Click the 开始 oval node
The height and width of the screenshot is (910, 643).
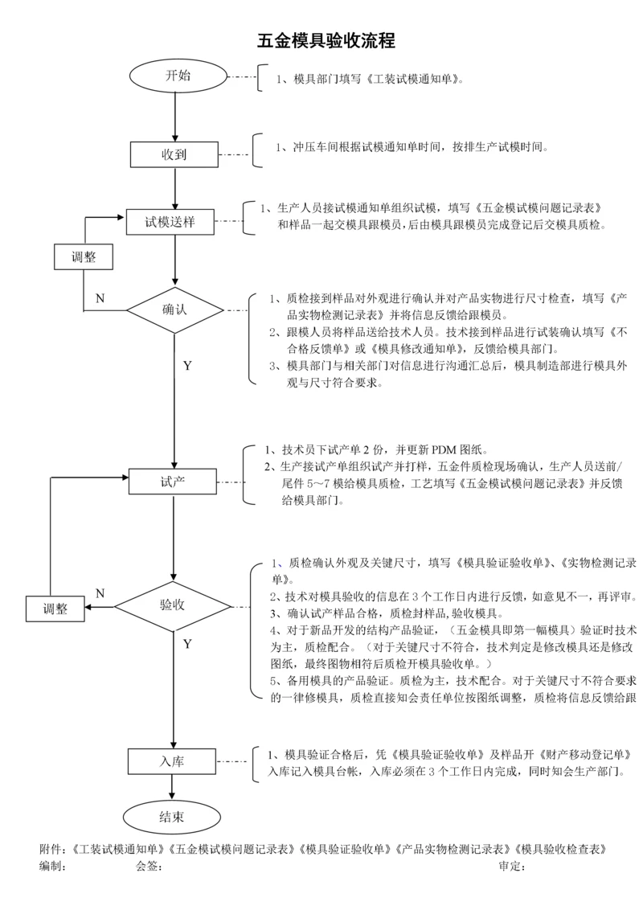click(x=178, y=76)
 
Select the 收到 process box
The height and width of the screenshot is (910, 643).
click(x=174, y=154)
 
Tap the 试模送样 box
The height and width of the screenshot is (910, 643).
click(x=170, y=221)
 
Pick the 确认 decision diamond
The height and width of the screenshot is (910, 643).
click(x=174, y=309)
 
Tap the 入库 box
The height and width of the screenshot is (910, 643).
click(x=172, y=760)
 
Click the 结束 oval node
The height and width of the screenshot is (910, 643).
click(x=171, y=817)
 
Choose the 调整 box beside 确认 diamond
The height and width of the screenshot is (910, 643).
click(x=84, y=258)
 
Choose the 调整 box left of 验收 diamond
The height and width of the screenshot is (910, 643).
click(x=55, y=609)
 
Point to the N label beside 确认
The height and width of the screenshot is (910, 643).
click(x=100, y=298)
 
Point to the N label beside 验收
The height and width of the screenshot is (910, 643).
click(x=100, y=593)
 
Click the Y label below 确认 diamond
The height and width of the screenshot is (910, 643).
click(x=187, y=366)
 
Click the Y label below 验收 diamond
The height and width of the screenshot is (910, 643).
click(x=187, y=644)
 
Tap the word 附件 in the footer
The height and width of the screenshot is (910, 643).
click(x=51, y=849)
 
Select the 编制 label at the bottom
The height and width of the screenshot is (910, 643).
click(x=51, y=867)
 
